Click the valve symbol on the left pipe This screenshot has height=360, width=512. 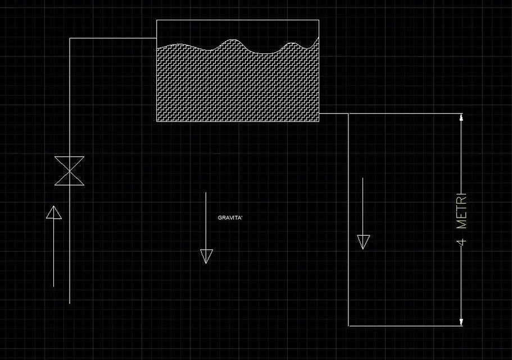click(70, 171)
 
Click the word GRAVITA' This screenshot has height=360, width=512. click(230, 218)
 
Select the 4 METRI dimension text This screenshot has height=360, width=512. click(462, 219)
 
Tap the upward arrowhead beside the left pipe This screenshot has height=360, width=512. click(54, 212)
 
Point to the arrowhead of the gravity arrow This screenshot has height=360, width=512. click(206, 256)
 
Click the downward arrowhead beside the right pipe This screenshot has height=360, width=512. click(364, 242)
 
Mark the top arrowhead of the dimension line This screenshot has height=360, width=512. click(461, 117)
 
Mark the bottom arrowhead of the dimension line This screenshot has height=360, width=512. click(461, 322)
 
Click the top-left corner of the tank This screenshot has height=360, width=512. click(157, 20)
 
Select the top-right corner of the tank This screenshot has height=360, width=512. click(319, 20)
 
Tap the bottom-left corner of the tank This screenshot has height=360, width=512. click(157, 121)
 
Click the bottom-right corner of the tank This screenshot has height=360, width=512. click(319, 121)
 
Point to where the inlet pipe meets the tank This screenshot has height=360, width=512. click(157, 38)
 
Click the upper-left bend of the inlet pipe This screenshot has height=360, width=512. click(70, 38)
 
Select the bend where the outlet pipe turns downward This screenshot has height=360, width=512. click(348, 114)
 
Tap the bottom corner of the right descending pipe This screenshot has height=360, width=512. click(348, 326)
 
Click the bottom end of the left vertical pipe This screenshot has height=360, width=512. click(70, 304)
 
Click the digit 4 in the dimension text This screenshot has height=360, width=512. click(462, 242)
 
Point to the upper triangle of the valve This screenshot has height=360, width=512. click(70, 164)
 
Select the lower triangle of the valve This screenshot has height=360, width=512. click(70, 178)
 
